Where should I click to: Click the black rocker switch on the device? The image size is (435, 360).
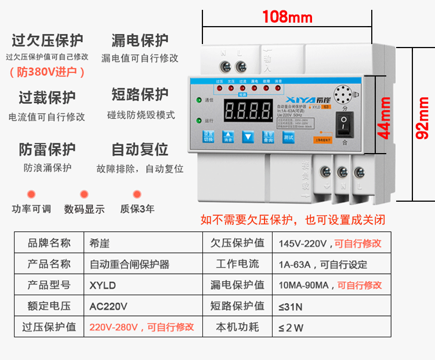point(345,123)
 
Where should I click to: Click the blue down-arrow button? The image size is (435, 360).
point(248,137)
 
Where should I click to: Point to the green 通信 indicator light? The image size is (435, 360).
point(198,99)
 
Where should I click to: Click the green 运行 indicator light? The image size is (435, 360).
point(198,121)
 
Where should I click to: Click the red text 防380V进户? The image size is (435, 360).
point(48,72)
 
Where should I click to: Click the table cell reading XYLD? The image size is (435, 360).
point(103,285)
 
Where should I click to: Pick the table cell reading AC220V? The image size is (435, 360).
point(108,306)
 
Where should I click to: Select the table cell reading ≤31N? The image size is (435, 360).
point(291,306)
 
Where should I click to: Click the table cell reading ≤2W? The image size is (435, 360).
point(291,327)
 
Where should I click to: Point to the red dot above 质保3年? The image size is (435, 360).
point(137,194)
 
